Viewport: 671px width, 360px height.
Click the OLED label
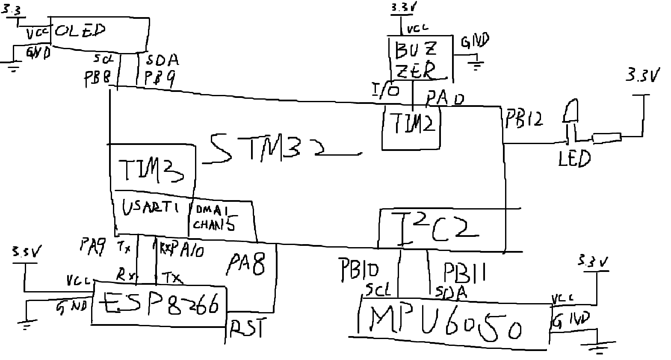pyautogui.click(x=80, y=31)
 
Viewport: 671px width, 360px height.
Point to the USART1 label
pyautogui.click(x=150, y=209)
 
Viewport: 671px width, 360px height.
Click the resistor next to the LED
pyautogui.click(x=606, y=138)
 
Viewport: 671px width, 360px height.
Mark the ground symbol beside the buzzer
pyautogui.click(x=475, y=65)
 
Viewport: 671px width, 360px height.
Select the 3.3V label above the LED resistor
pyautogui.click(x=641, y=76)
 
